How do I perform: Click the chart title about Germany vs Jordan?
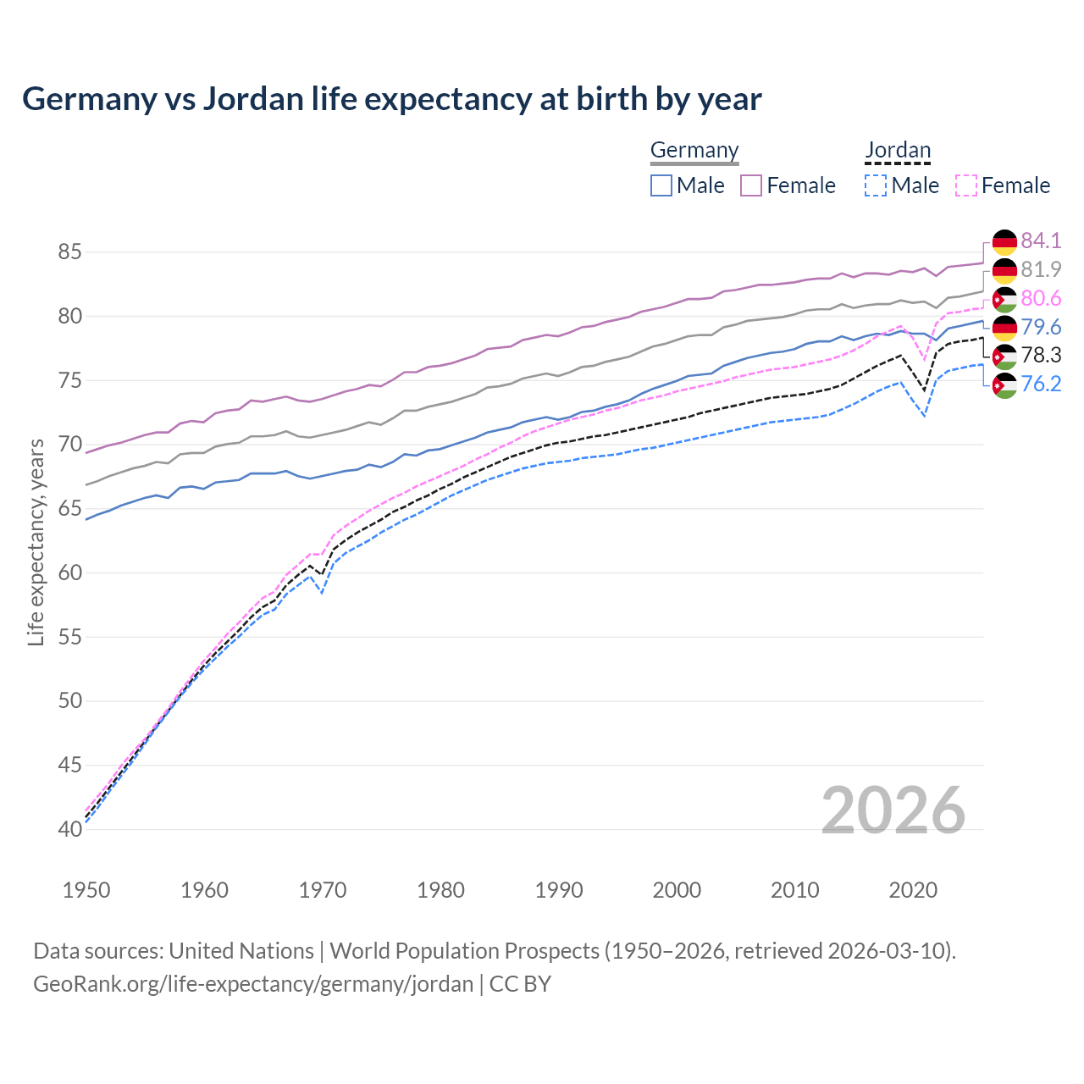(392, 99)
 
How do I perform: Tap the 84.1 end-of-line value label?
(1041, 241)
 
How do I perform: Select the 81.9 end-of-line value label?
(1041, 269)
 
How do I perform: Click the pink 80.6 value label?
(1041, 298)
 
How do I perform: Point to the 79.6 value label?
(1041, 327)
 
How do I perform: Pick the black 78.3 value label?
(1041, 355)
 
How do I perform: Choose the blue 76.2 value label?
(1041, 384)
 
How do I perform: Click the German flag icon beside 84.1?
(1004, 241)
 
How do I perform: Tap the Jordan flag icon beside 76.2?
(1004, 384)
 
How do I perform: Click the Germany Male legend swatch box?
(661, 185)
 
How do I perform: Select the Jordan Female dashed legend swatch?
(966, 185)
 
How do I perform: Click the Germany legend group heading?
(694, 150)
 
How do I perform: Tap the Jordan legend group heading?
(898, 150)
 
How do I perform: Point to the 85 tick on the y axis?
(70, 252)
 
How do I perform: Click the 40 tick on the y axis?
(70, 829)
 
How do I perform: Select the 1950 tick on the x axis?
(86, 890)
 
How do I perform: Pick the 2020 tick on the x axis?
(913, 890)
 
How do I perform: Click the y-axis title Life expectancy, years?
(36, 542)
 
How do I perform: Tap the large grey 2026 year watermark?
(893, 810)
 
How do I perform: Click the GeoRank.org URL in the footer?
(253, 984)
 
